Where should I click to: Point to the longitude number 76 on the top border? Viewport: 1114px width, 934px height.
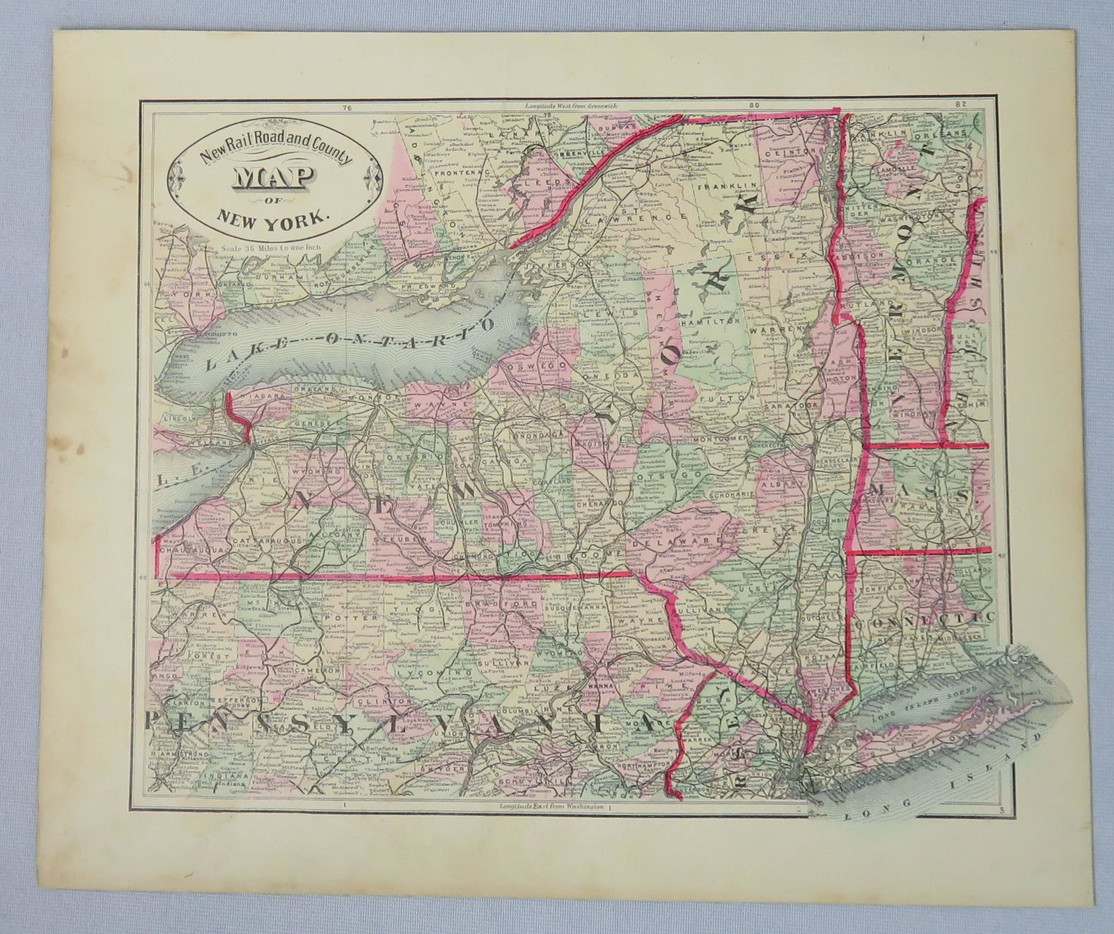point(345,108)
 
